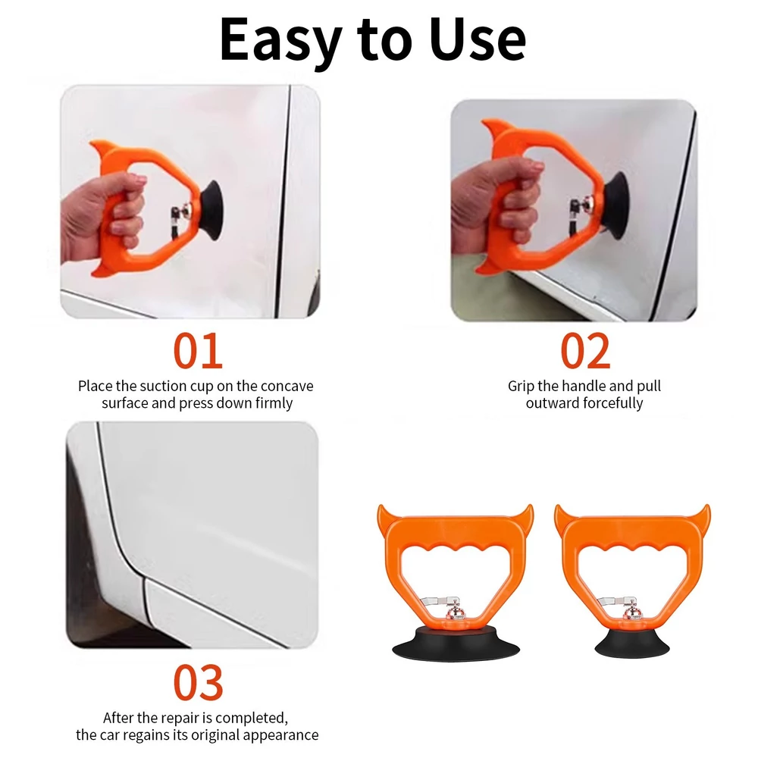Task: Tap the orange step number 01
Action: [x=198, y=350]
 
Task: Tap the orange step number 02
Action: [x=585, y=350]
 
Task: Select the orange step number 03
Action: [x=198, y=682]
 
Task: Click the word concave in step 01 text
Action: [x=287, y=387]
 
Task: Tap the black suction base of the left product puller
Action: [x=456, y=644]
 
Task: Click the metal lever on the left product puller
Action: [x=439, y=601]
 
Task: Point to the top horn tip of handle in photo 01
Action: [x=91, y=143]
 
